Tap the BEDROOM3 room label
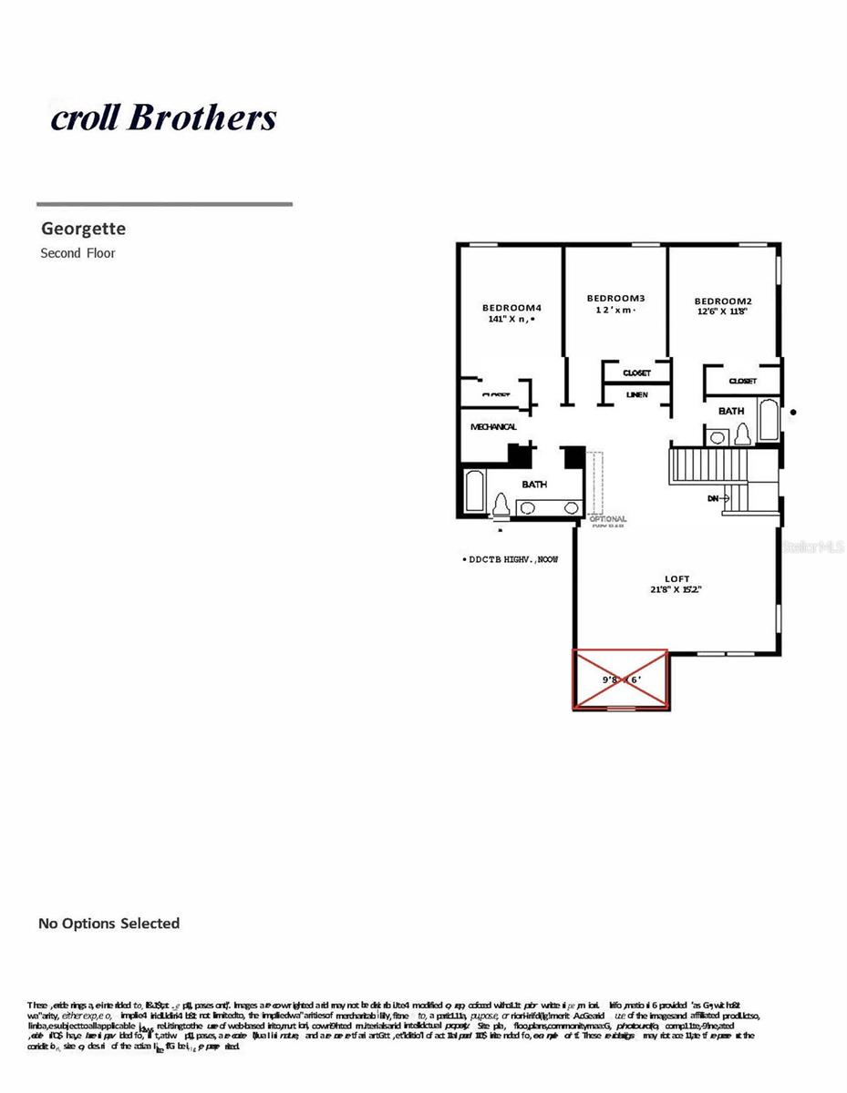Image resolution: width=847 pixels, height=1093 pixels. [615, 299]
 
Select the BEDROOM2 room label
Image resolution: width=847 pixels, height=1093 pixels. [723, 301]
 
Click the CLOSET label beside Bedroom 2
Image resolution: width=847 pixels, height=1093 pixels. [742, 381]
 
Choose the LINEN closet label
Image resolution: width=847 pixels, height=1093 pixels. [637, 394]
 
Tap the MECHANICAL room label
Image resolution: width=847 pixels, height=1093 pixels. [493, 427]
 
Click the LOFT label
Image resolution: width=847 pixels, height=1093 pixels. [677, 578]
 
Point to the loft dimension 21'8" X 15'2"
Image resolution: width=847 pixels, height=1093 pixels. [677, 590]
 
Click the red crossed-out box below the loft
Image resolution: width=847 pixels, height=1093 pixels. [620, 679]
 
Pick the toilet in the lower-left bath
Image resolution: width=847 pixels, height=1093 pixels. [501, 505]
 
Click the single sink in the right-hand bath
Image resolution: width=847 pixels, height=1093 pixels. [718, 438]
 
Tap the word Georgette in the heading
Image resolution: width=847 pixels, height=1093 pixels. [83, 230]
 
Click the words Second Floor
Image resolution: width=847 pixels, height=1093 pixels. [77, 253]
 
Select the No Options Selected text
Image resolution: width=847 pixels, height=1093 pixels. [108, 924]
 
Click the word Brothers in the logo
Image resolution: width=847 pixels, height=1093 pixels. [203, 117]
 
